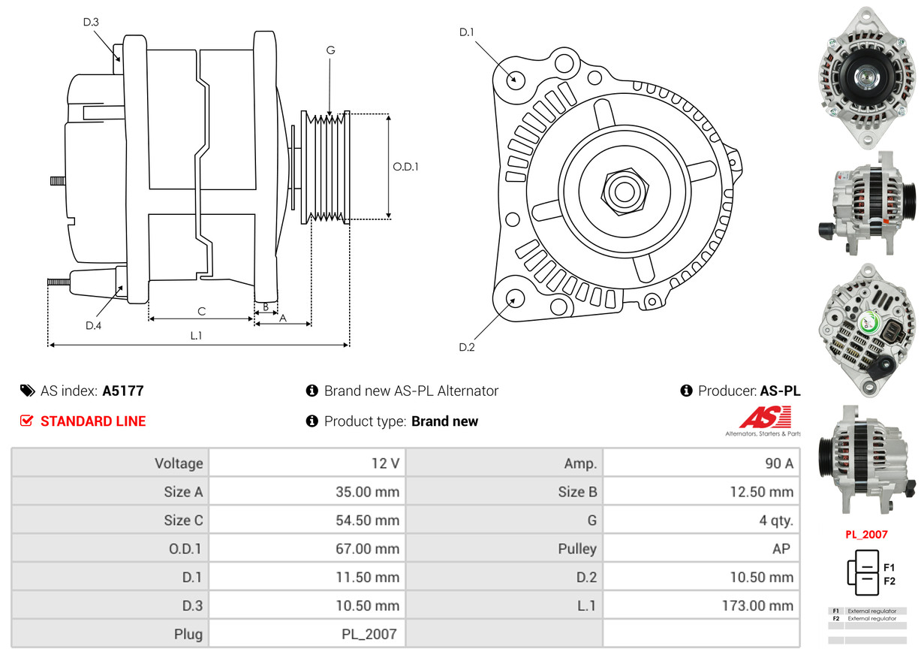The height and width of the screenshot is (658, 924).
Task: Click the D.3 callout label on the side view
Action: [x=91, y=22]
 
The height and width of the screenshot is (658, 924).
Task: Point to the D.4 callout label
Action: [x=93, y=325]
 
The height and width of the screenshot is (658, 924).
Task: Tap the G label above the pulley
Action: [x=330, y=50]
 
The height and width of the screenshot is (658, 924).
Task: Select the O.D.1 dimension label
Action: [x=405, y=167]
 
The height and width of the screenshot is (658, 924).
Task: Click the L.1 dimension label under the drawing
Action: [x=196, y=336]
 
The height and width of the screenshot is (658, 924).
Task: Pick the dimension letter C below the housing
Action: [x=201, y=311]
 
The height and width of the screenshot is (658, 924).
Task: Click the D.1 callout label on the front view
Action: [x=467, y=32]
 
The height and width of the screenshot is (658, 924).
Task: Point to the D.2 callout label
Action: [x=467, y=347]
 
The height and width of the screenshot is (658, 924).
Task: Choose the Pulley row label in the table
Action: [x=577, y=549]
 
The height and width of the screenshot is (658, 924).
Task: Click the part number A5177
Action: [x=123, y=391]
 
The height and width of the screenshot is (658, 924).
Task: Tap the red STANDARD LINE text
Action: [x=93, y=421]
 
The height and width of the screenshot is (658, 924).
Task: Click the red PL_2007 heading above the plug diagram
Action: [x=866, y=535]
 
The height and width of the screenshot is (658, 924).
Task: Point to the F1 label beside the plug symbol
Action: [x=889, y=567]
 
